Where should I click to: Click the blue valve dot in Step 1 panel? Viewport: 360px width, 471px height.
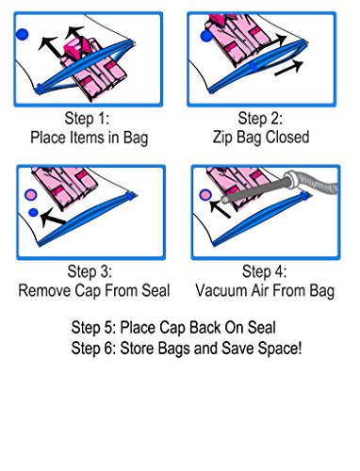point(22,34)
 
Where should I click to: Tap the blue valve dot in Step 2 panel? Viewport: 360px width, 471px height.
point(206,36)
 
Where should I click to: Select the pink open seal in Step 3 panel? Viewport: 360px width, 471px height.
point(31,195)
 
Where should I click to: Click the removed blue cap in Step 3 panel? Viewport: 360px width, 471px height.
point(33,213)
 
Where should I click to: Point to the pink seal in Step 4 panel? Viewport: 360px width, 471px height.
point(205,195)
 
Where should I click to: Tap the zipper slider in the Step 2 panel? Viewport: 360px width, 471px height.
point(254,66)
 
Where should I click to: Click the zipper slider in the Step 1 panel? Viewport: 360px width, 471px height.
point(39,89)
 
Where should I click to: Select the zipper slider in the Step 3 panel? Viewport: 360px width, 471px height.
point(129,195)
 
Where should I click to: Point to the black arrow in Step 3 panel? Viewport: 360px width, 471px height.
point(53,218)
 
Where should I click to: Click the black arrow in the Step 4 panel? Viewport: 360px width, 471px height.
point(220,209)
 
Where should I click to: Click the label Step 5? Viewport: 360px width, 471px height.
point(94,328)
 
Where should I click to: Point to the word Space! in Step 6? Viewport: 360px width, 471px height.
point(280,349)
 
